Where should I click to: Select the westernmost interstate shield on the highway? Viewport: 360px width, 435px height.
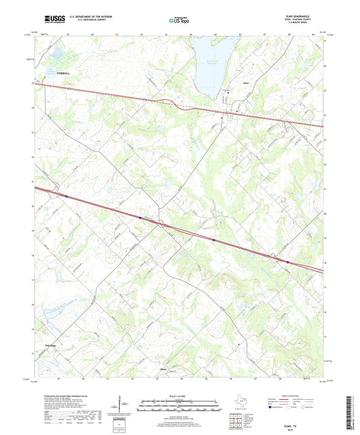pos(66,196)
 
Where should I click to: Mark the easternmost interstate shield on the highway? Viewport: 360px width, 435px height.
pos(288,263)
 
